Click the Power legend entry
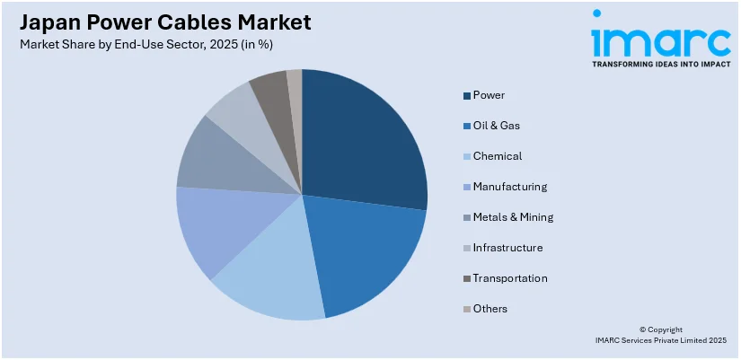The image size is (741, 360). (490, 95)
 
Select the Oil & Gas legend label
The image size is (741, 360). (497, 126)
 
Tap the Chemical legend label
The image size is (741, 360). (498, 156)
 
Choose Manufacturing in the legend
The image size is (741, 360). (509, 187)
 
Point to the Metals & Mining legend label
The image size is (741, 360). (513, 217)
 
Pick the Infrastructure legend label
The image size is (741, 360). (507, 248)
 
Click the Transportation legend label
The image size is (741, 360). (510, 278)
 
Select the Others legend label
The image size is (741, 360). (490, 309)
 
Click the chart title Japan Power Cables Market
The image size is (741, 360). (162, 22)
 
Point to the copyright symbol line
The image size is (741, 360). (659, 329)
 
